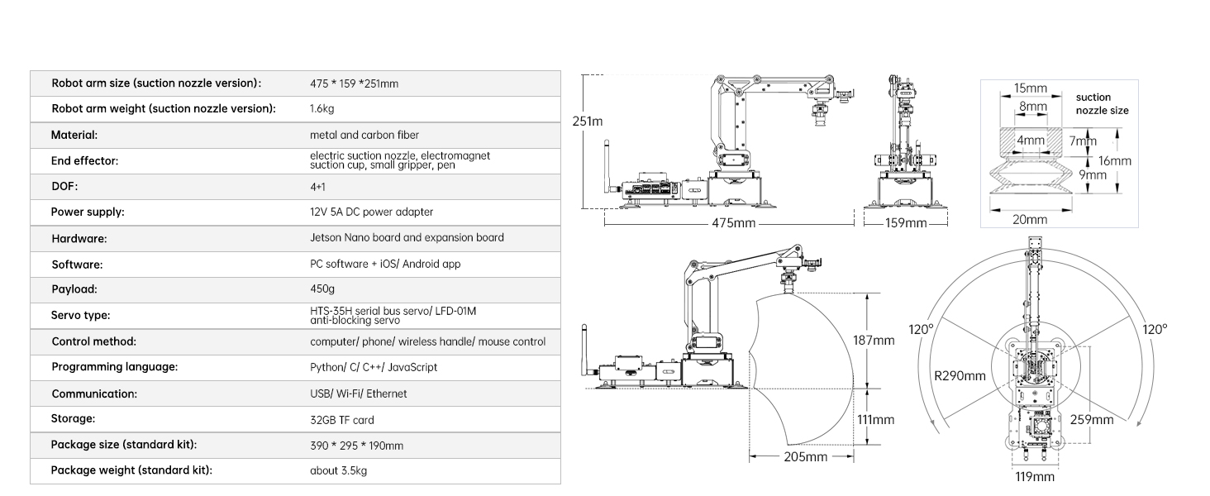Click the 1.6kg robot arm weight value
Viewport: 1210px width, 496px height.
pos(322,108)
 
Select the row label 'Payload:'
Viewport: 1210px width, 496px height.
pos(74,289)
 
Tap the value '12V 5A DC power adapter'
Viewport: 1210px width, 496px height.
pos(372,212)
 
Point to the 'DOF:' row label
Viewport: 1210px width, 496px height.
pos(64,186)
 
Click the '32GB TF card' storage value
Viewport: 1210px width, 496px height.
pos(342,420)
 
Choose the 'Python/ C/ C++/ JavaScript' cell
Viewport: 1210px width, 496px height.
pos(374,367)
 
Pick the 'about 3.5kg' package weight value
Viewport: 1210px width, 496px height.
pos(339,470)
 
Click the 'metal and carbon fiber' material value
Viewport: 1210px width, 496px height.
pos(364,135)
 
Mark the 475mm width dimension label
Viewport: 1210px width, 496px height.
pos(734,223)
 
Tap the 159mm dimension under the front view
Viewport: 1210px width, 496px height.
pos(906,223)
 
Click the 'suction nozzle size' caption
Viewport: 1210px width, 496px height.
pos(1102,103)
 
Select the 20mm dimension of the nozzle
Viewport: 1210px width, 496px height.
pos(1030,219)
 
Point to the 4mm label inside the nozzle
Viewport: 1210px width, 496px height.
pos(1031,141)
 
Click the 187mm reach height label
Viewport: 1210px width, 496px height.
pos(874,341)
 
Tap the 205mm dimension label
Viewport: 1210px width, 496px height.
pos(805,457)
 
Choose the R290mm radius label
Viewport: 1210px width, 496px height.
pos(960,376)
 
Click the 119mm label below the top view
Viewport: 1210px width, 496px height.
pos(1035,477)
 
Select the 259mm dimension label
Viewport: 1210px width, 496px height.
pos(1092,420)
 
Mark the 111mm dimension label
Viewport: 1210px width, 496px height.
pos(875,420)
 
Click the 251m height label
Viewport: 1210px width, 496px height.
pos(588,122)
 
